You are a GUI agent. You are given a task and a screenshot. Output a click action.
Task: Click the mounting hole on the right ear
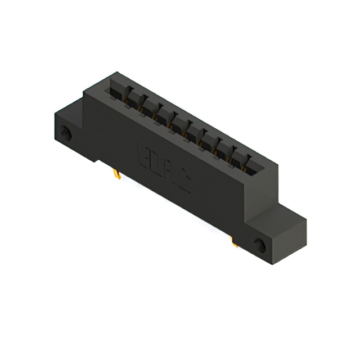pyautogui.click(x=260, y=245)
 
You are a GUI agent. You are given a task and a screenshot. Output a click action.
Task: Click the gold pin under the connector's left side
pyautogui.click(x=118, y=175)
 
